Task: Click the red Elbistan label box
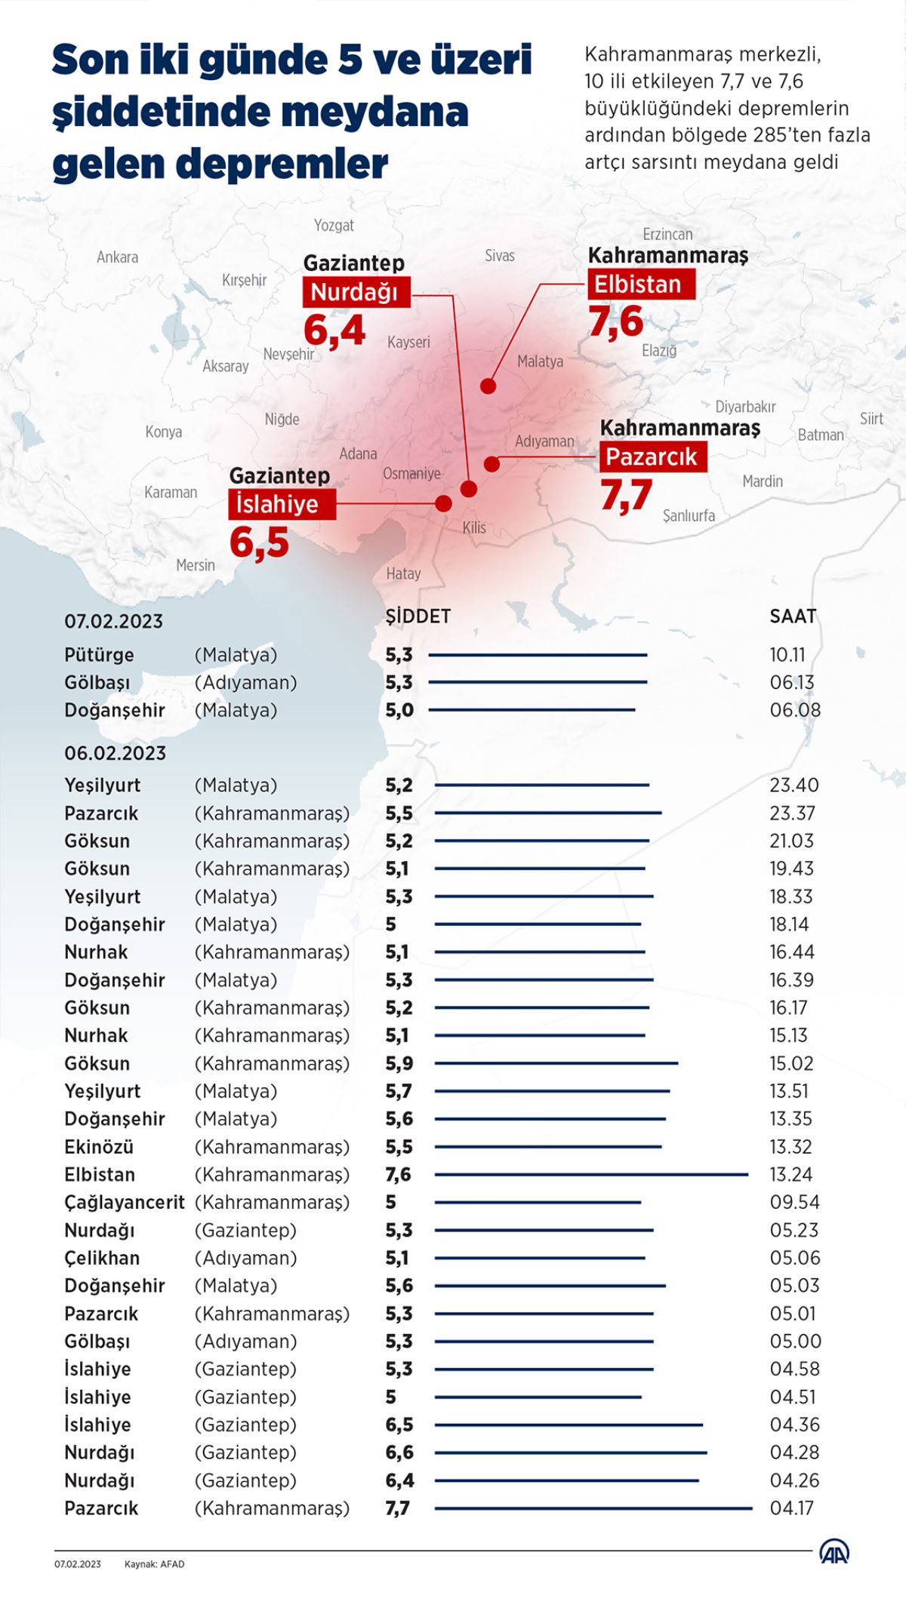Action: tap(641, 284)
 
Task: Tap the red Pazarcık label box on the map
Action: tap(653, 457)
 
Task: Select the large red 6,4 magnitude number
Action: tap(334, 330)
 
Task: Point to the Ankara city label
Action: tap(117, 257)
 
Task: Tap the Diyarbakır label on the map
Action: tap(745, 407)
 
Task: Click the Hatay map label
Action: tap(403, 573)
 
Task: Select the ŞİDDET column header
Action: tap(418, 616)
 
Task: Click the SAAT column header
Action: tap(793, 616)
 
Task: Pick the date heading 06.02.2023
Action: tap(115, 753)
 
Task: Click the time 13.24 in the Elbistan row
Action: tap(790, 1174)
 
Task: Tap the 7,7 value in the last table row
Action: tap(398, 1508)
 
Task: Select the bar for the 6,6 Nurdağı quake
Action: tap(571, 1452)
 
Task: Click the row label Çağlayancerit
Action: tap(125, 1202)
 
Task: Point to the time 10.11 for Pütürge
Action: tap(787, 655)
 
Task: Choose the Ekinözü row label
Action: tap(99, 1147)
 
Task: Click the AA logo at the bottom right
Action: tap(834, 1552)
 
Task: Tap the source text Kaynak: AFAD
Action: tap(154, 1564)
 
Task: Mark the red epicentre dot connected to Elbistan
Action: tap(488, 386)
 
